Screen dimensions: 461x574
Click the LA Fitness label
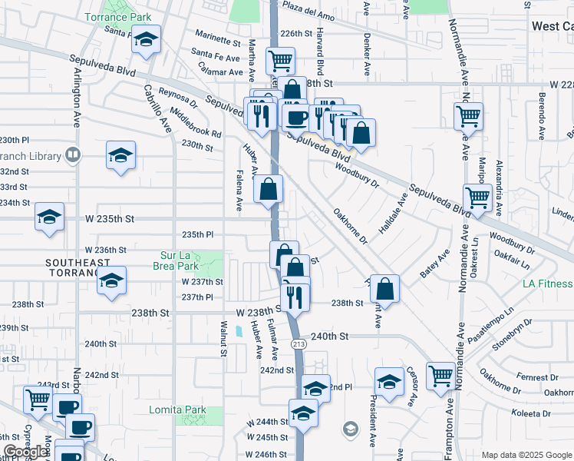pyautogui.click(x=547, y=284)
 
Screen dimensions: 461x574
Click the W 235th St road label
pyautogui.click(x=104, y=219)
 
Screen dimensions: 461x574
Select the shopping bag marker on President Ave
pyautogui.click(x=385, y=289)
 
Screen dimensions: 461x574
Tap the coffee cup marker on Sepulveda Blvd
pyautogui.click(x=295, y=118)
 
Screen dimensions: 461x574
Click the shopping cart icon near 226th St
pyautogui.click(x=280, y=59)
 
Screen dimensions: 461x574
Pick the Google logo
pyautogui.click(x=26, y=452)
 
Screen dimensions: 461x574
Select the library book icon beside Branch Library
pyautogui.click(x=72, y=155)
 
